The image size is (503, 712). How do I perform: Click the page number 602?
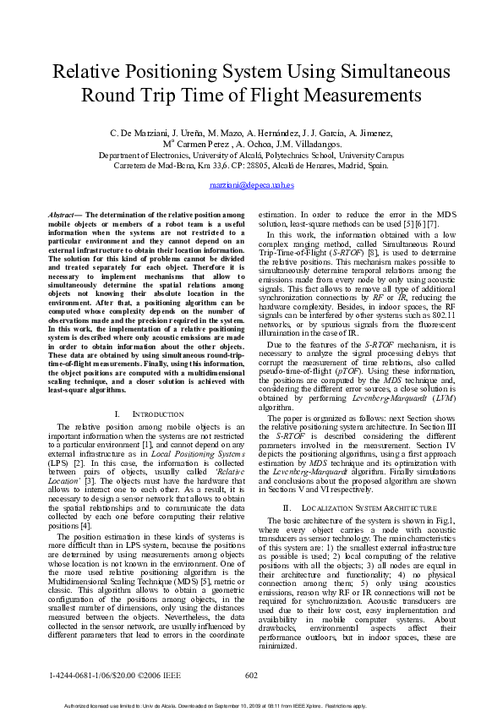251,675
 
